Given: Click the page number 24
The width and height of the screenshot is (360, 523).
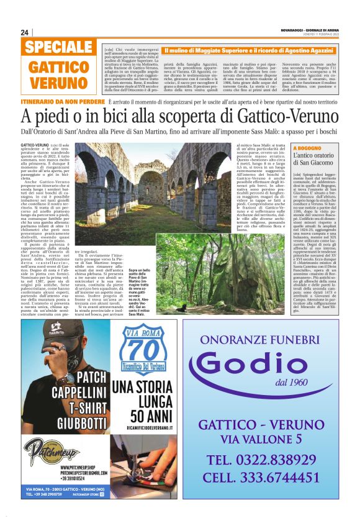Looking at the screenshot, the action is pos(25,32).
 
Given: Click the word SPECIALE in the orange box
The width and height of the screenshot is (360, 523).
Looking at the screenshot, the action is pos(59,47).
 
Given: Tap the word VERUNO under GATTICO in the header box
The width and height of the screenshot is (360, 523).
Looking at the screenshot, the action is pos(58,83).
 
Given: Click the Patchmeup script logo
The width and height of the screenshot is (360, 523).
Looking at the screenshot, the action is pos(51,450).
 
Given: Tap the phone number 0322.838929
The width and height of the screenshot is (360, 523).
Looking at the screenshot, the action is pos(269,460).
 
